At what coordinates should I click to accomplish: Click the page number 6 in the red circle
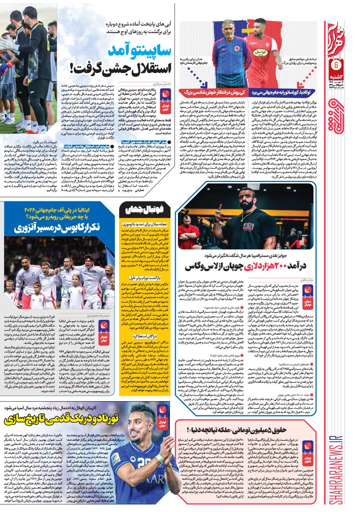[x=336, y=65]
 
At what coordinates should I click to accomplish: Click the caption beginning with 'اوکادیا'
[x=286, y=91]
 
